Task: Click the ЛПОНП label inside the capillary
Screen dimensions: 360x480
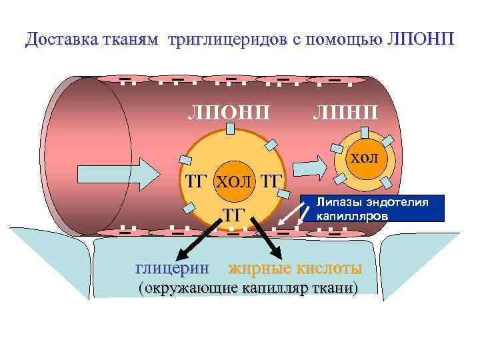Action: (229, 111)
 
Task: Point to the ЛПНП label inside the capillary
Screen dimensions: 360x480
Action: (345, 111)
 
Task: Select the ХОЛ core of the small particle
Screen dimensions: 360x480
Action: (364, 157)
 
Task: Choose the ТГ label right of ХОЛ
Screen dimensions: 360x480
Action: (269, 180)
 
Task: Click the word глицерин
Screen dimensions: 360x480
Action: (172, 269)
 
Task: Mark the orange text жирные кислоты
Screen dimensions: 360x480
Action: (295, 269)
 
